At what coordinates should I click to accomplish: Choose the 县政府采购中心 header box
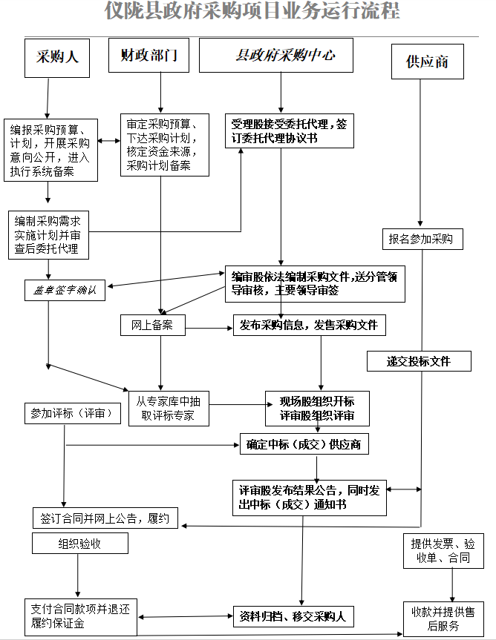(275, 56)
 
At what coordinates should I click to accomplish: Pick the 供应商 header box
(427, 62)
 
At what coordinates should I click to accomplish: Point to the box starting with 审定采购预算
(164, 144)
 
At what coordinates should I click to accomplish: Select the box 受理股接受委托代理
(289, 131)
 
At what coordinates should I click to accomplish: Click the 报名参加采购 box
(421, 239)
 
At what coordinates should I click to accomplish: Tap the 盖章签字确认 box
(65, 291)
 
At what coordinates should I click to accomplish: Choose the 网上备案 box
(152, 325)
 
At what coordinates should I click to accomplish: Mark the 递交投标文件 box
(419, 361)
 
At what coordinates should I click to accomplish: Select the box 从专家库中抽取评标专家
(168, 408)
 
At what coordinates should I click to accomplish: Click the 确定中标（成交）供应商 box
(304, 444)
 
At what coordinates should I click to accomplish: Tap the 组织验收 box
(79, 544)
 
